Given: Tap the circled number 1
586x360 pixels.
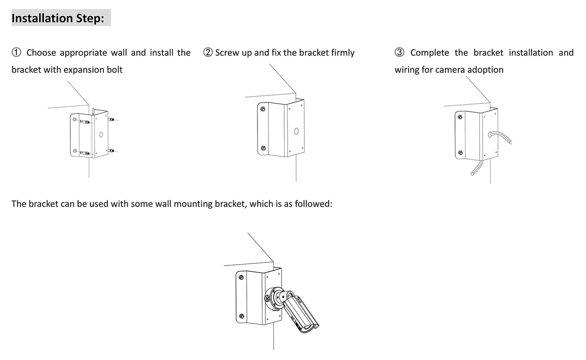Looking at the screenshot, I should [x=16, y=53].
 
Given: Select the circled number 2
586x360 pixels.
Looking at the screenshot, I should [x=208, y=53].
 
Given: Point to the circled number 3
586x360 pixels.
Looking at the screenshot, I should [x=400, y=53].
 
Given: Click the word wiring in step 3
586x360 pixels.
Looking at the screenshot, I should [x=408, y=70].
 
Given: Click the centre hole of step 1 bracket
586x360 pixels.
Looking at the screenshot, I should [x=101, y=135].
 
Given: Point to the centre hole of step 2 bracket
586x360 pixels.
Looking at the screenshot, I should [x=296, y=131].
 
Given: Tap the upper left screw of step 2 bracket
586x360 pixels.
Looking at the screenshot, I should [x=263, y=109].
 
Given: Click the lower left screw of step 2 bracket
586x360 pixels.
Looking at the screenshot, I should [x=263, y=148].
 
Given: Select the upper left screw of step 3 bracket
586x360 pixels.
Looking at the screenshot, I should [x=460, y=117].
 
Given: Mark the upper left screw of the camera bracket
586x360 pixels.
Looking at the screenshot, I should [x=242, y=278].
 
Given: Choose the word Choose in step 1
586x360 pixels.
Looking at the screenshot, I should [x=41, y=53].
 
